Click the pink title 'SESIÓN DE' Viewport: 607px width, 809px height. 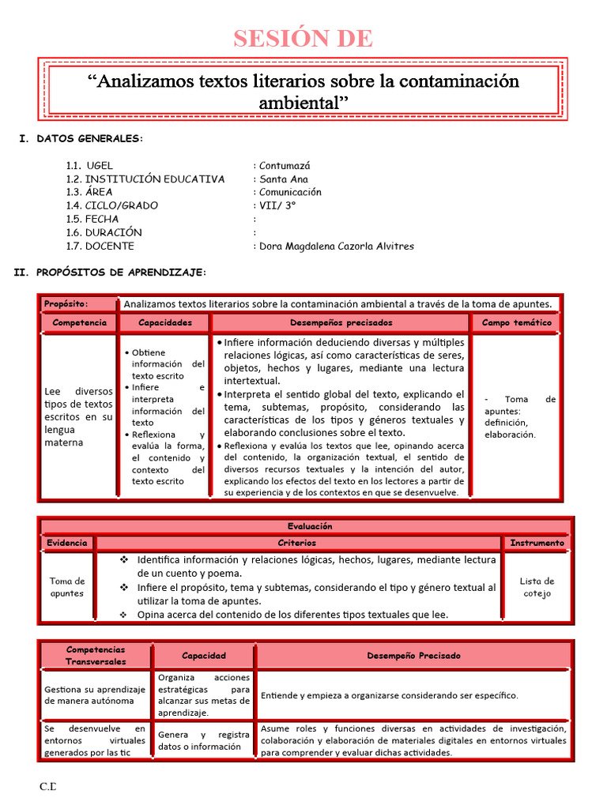[303, 37]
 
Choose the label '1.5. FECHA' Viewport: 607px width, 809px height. [92, 219]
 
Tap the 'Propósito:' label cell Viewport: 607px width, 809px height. [66, 303]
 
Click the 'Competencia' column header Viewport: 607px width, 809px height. [78, 322]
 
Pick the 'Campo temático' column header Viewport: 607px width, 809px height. [517, 322]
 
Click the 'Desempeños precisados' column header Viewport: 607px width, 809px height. [341, 322]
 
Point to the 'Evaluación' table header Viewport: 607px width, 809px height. [310, 526]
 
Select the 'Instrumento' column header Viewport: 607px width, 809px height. [537, 543]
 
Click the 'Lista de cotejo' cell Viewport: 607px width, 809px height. [537, 587]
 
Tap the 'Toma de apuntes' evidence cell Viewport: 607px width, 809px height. [67, 587]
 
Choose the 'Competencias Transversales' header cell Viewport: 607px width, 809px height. [96, 655]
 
